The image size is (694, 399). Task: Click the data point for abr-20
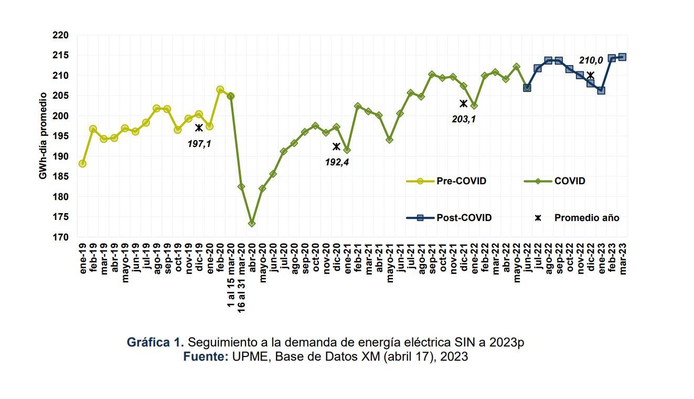click(252, 223)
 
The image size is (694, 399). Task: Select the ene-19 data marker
click(82, 164)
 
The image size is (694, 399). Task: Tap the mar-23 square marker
click(622, 57)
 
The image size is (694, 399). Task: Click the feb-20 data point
click(220, 90)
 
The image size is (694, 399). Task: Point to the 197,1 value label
click(199, 143)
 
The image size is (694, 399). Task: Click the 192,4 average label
click(337, 162)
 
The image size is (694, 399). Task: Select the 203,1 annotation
click(464, 119)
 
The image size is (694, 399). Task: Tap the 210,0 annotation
click(591, 61)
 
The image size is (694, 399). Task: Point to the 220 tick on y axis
click(61, 35)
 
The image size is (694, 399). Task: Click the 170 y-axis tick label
click(61, 237)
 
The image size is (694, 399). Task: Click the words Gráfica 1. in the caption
click(155, 342)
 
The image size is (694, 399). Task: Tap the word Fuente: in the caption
click(206, 357)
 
